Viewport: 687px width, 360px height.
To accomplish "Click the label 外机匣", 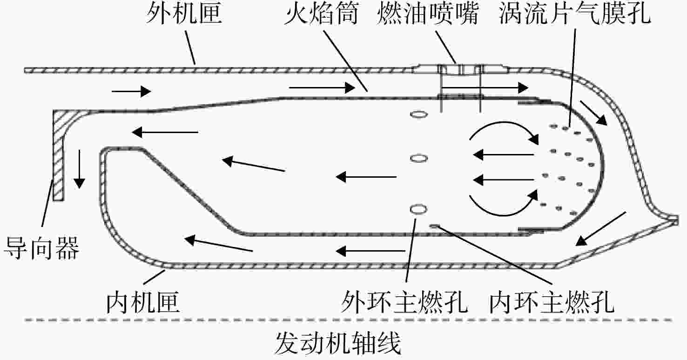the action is tap(184, 14).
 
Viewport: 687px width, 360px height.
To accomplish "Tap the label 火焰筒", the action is tap(321, 14).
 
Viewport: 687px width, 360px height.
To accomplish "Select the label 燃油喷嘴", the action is tap(428, 14).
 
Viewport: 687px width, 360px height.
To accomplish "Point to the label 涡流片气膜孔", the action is tap(575, 14).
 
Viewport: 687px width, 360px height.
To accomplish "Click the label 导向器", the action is tap(41, 248).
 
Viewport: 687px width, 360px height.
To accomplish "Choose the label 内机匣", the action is tap(143, 302).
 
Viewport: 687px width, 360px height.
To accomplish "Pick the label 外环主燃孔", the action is tap(404, 302).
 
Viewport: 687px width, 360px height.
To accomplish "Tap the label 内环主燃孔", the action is tap(552, 302).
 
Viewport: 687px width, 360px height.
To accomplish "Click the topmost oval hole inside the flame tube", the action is tap(419, 114).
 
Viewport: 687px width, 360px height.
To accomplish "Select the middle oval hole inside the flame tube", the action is tap(419, 159).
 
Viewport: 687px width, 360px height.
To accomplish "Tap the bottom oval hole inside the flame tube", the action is tap(418, 209).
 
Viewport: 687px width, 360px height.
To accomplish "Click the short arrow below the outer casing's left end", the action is tap(131, 91).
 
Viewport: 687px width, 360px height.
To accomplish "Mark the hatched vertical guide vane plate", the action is tap(58, 155).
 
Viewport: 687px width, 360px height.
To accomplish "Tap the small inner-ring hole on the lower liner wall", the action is tap(435, 226).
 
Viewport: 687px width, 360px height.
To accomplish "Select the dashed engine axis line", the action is tap(348, 320).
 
